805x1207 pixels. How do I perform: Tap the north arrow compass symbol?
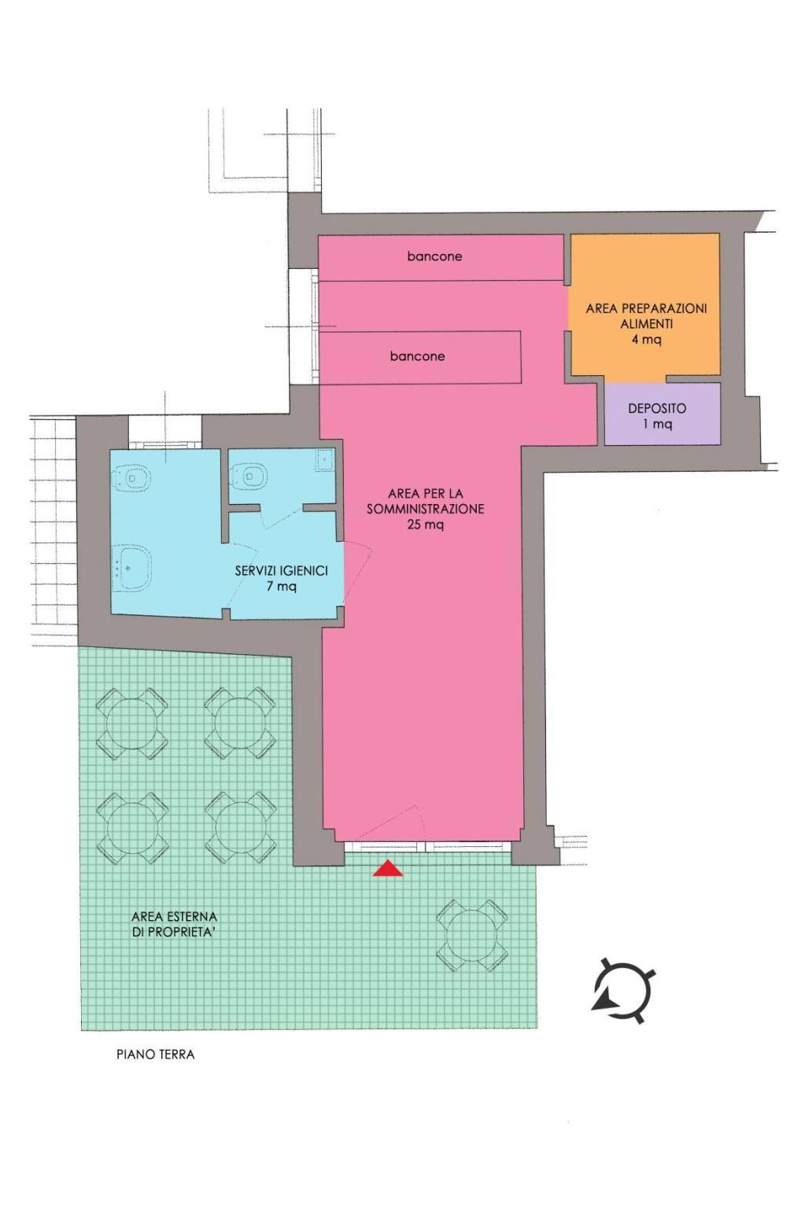[623, 992]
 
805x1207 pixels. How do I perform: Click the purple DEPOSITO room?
[662, 414]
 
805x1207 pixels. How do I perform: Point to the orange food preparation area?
[644, 304]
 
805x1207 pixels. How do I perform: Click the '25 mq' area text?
[426, 524]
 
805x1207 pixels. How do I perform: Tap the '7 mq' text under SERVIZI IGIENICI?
[282, 587]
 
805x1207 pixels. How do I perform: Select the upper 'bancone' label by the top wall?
[434, 256]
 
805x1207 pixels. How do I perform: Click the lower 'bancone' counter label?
[417, 356]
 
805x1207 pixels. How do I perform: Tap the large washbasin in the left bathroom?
[131, 569]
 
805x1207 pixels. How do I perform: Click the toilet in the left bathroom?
[131, 478]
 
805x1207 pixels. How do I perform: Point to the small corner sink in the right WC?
[325, 460]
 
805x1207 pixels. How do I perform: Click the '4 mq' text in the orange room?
[647, 340]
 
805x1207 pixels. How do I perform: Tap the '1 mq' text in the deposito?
[657, 424]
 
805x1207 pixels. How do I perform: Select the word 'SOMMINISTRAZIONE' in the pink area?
[426, 509]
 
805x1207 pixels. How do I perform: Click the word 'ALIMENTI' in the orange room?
[647, 325]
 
